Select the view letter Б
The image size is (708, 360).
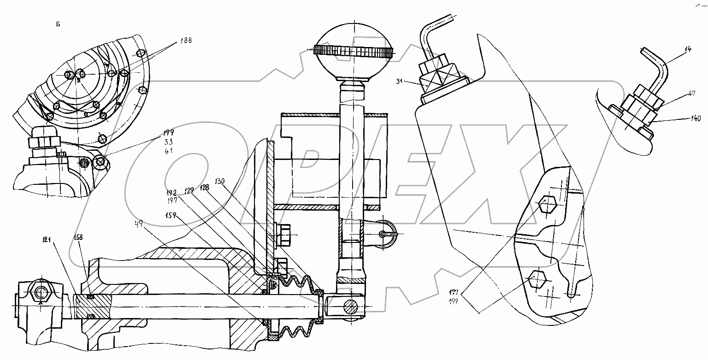pos(59,24)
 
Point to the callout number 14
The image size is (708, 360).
pos(688,49)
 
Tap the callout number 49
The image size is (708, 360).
pos(138,224)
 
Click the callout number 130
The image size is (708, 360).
pos(219,181)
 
